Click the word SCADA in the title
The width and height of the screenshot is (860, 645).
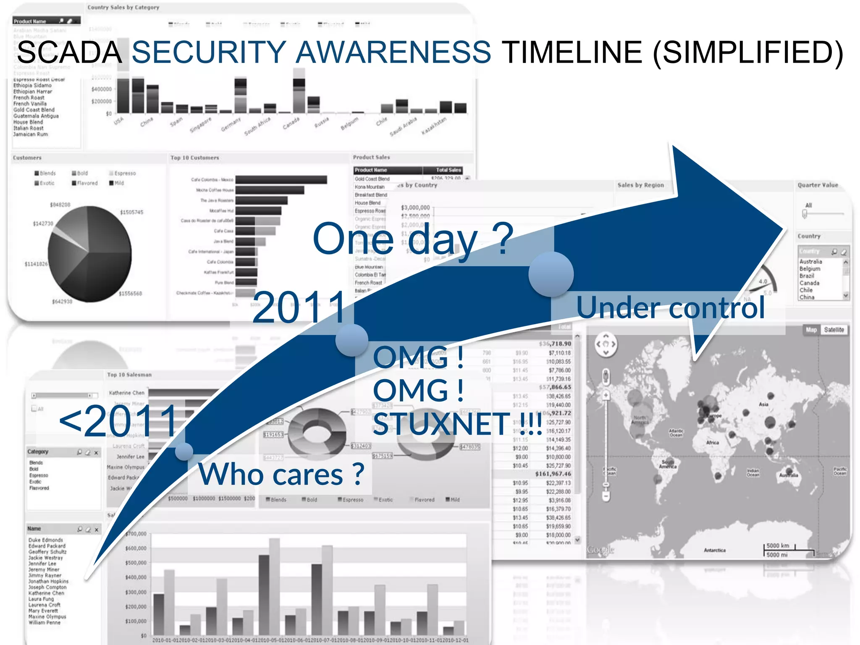(x=69, y=52)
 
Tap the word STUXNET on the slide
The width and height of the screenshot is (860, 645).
(x=441, y=424)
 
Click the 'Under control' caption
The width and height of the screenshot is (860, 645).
(x=670, y=308)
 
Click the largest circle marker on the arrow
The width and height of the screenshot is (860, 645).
(x=551, y=274)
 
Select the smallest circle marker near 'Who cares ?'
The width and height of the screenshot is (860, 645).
(x=184, y=452)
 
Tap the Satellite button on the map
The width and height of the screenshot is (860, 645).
(x=834, y=330)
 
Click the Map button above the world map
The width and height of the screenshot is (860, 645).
(x=811, y=330)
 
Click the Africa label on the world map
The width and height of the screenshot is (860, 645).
(x=712, y=443)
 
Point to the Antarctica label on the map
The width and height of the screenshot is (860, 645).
(x=714, y=550)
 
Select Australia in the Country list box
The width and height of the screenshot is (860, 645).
(x=810, y=261)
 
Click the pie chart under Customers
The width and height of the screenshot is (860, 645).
(x=89, y=254)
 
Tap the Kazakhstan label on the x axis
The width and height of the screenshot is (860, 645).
(x=434, y=126)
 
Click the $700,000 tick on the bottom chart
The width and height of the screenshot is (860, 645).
(x=136, y=534)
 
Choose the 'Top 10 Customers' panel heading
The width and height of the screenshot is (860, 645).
(x=194, y=158)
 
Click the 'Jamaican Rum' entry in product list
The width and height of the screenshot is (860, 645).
(x=30, y=134)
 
